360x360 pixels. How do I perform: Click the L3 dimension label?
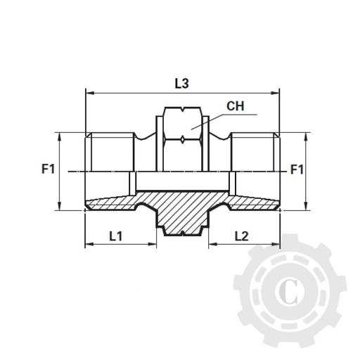(x=181, y=83)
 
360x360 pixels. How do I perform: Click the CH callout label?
(x=236, y=108)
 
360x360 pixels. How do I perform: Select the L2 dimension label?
(x=241, y=236)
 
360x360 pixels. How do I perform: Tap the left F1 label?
(x=47, y=169)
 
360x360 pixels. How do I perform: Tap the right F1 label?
(x=297, y=169)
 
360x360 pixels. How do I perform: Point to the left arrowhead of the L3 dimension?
(x=88, y=91)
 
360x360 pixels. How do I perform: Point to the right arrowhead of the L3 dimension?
(x=276, y=91)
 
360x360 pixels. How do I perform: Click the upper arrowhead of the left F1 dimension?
(x=60, y=135)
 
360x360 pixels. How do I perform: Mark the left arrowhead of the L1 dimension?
(x=88, y=245)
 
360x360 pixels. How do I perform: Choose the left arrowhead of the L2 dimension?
(x=210, y=245)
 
